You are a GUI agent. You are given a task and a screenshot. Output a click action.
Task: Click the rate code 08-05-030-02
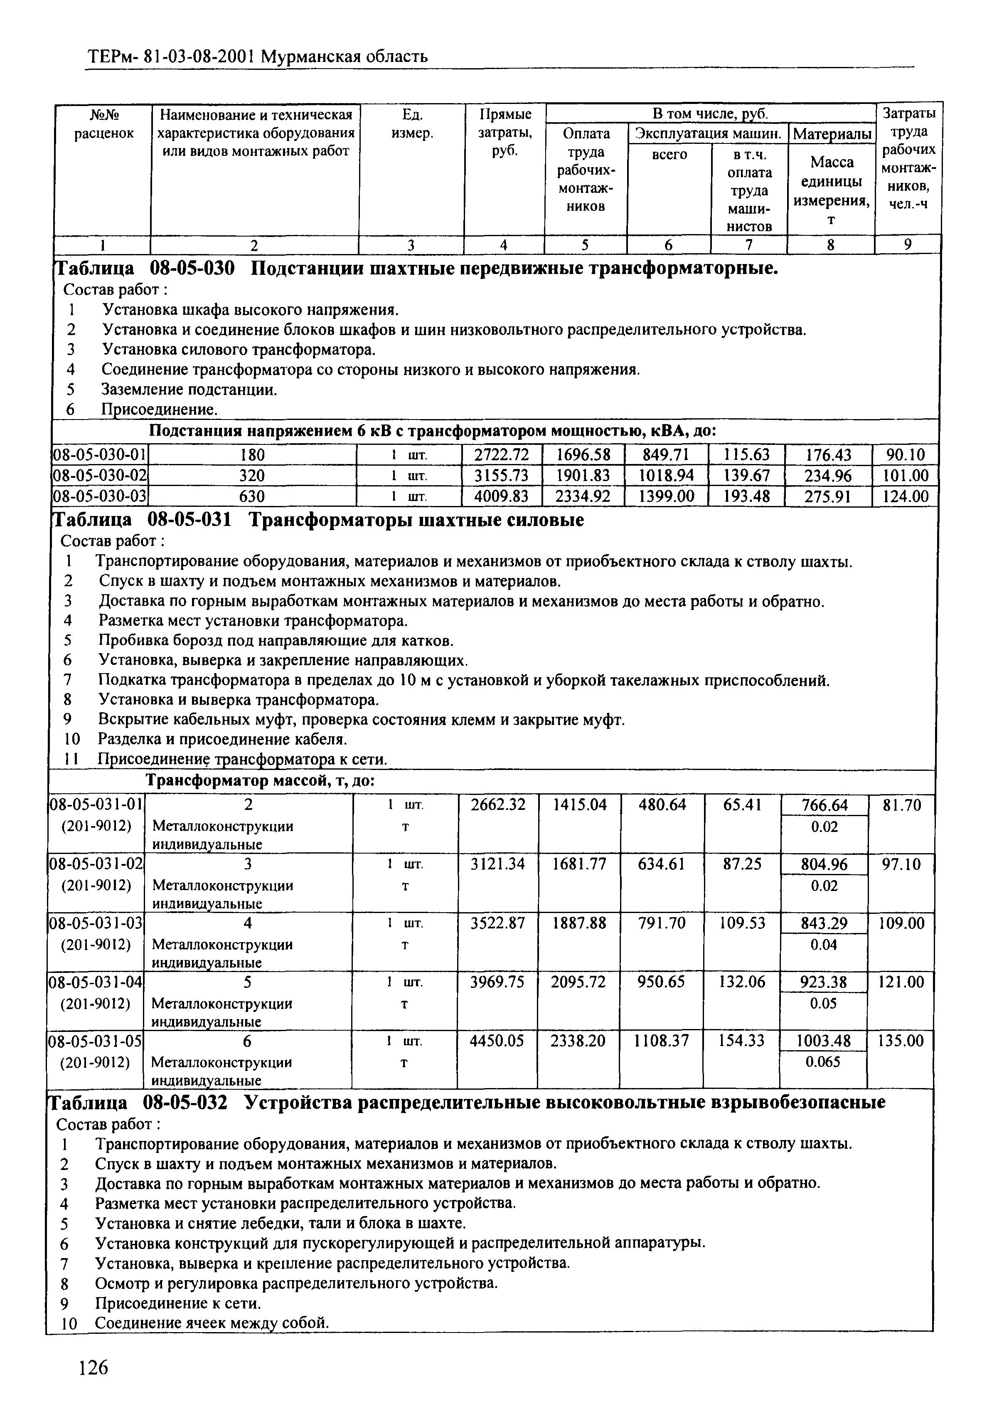(98, 476)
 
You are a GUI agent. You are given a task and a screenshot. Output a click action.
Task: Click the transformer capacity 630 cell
(252, 496)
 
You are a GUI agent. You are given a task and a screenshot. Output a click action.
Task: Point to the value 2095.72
(578, 982)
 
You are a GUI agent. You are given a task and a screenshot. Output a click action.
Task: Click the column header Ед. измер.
(412, 123)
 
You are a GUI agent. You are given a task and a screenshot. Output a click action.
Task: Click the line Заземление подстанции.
(189, 390)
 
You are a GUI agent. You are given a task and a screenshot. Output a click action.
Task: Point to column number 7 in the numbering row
(749, 245)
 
